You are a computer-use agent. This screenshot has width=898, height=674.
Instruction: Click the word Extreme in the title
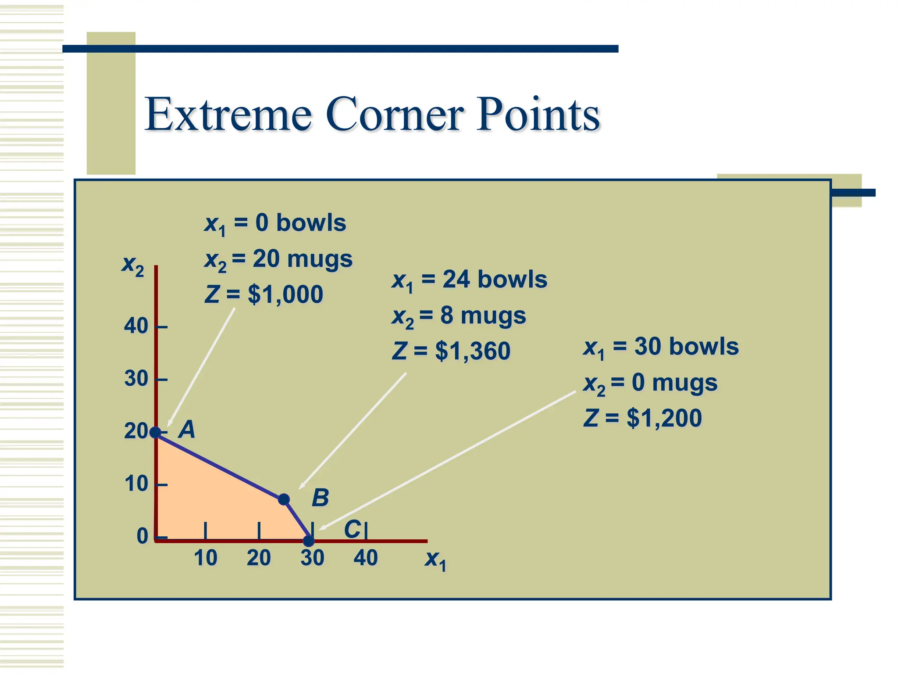coord(228,115)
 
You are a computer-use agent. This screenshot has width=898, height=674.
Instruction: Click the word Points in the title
coord(538,115)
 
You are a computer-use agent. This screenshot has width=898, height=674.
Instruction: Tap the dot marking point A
coord(155,433)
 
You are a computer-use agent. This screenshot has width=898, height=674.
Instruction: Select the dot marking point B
coord(284,499)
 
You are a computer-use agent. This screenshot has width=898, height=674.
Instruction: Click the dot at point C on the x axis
coord(309,541)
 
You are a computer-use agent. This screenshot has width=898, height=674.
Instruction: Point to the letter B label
coord(320,498)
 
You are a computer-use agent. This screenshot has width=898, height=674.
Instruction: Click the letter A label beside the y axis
coord(187,430)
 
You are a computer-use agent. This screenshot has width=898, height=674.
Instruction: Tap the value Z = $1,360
coord(451,351)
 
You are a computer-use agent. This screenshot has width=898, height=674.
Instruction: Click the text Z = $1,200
coord(642,418)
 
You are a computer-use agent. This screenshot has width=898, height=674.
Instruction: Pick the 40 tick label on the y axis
coord(136,326)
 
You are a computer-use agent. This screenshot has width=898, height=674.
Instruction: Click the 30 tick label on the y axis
coord(136,379)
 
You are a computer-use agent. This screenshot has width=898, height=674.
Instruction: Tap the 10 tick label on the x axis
coord(205,558)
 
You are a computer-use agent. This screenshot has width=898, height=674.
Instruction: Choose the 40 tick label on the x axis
coord(366,558)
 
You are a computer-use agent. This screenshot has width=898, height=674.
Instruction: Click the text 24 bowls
coord(495,280)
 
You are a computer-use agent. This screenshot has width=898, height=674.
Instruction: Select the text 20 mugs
coord(303,259)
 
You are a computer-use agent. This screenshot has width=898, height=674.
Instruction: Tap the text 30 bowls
coord(686,347)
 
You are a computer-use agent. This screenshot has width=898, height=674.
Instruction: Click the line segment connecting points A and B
coord(219,466)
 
